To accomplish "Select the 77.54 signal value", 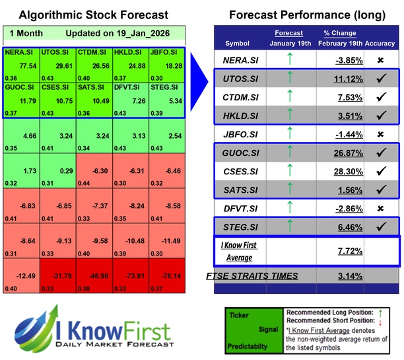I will coord(28,67).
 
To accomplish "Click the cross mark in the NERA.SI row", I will coord(380,59).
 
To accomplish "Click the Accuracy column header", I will coord(380,44).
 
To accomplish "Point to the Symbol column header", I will coord(238,44).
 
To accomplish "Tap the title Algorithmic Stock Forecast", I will coord(93,15).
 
